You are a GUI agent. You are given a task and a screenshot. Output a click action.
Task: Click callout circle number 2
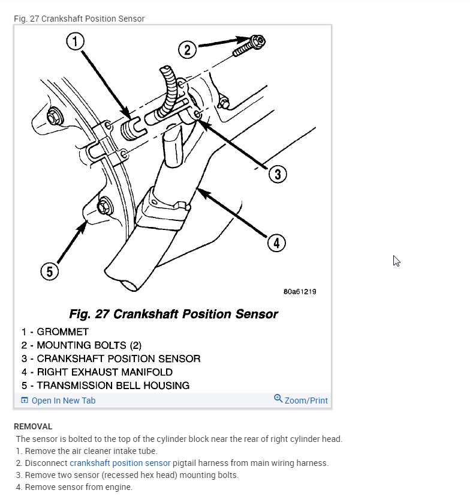pos(188,50)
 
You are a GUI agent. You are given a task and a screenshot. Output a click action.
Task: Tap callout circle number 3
pos(276,174)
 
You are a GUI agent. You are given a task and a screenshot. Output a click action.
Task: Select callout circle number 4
pos(276,243)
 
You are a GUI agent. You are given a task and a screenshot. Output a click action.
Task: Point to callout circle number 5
pos(50,271)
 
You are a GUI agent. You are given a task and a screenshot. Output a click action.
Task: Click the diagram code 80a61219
pos(300,292)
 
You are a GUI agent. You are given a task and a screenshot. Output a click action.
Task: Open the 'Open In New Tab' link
pos(63,401)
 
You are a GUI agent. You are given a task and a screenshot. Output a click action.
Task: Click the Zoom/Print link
pos(306,401)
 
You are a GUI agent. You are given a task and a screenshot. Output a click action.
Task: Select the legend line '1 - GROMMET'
pos(55,331)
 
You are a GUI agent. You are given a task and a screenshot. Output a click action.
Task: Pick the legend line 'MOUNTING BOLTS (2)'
pos(89,345)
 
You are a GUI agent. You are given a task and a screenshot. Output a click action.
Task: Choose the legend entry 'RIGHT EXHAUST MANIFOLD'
pos(104,372)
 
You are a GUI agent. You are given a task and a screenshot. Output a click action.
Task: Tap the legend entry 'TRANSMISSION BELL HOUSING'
pos(113,386)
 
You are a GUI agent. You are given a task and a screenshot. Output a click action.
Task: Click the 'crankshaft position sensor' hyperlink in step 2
pos(120,463)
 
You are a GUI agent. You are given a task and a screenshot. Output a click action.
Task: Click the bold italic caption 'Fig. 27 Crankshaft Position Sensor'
pos(174,314)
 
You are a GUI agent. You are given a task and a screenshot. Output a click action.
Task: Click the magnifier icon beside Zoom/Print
pos(278,399)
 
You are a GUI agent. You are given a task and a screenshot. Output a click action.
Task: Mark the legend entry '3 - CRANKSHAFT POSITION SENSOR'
pos(111,358)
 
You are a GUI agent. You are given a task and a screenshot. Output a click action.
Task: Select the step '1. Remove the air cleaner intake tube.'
pos(86,451)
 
